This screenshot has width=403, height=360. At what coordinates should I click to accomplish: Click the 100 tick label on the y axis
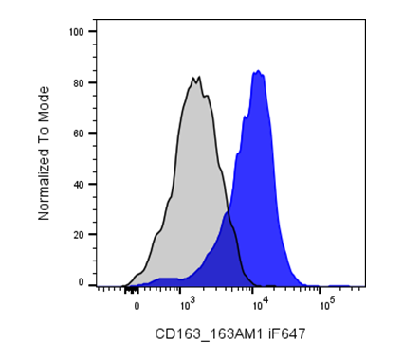click(77, 32)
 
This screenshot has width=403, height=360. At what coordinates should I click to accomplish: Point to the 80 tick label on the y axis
click(79, 83)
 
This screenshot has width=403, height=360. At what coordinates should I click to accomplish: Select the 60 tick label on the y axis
click(79, 134)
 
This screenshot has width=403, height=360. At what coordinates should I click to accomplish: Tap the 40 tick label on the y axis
click(79, 184)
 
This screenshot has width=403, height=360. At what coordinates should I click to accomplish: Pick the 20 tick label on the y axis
click(79, 235)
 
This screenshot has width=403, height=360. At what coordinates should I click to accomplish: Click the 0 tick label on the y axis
click(82, 282)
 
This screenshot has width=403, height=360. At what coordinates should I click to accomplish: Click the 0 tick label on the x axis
click(137, 307)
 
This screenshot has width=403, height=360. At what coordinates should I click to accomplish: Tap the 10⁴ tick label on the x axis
click(261, 304)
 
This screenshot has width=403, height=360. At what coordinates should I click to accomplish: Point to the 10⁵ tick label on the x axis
click(328, 304)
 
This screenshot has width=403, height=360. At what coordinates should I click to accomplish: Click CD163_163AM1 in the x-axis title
click(209, 333)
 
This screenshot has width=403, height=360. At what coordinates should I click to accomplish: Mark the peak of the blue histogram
click(259, 70)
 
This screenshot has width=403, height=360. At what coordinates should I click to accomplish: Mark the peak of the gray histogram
click(199, 77)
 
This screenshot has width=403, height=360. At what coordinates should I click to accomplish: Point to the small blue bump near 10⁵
click(339, 286)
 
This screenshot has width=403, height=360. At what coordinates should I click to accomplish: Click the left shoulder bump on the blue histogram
click(245, 117)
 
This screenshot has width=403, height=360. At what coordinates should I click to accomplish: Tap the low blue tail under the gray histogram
click(168, 280)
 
